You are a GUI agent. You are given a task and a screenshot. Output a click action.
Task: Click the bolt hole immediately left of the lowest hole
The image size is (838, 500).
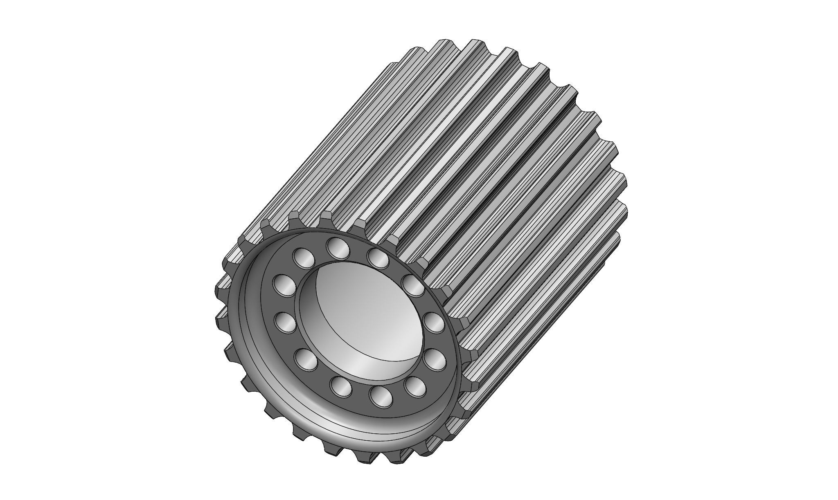tap(341, 387)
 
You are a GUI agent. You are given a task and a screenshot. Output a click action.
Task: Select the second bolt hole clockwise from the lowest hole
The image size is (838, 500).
tap(306, 359)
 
